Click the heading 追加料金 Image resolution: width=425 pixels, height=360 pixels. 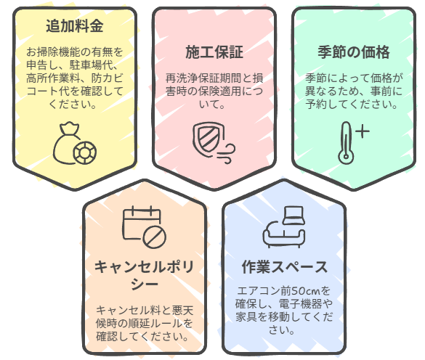coord(75,26)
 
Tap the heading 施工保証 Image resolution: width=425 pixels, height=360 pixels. coord(214,52)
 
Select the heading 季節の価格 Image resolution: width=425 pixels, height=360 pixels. coord(354,52)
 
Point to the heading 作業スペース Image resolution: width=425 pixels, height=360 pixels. coord(284,267)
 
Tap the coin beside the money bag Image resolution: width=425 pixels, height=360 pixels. coord(85,152)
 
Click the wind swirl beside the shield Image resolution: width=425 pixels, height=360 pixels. coord(227,155)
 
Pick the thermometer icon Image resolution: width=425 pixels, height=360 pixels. coord(346,143)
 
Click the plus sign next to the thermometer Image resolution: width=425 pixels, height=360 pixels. coord(363,131)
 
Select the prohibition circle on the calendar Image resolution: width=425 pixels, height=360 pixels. coord(155,236)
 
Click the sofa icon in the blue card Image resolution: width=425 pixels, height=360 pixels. coord(284,227)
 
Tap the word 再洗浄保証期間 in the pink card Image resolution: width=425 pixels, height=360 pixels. coord(198,78)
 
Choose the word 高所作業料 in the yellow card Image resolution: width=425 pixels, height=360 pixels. coord(53,78)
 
